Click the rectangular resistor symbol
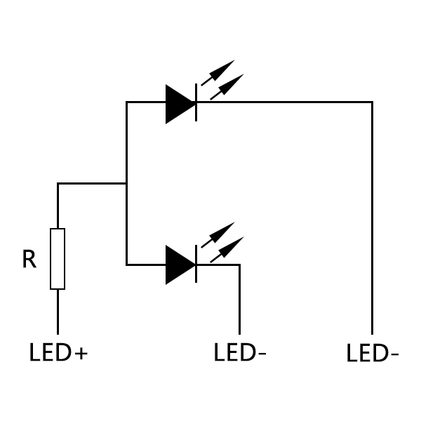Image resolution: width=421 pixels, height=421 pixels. [58, 259]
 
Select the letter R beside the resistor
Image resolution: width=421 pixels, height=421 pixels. [29, 260]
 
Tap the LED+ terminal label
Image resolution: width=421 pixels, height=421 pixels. [58, 352]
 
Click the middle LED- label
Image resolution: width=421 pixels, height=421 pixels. [239, 352]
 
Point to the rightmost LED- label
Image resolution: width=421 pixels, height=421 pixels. [373, 354]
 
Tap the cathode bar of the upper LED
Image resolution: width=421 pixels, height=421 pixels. [196, 103]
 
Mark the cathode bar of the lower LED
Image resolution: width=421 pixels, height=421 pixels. [196, 265]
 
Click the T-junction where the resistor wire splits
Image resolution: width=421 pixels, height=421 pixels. [127, 184]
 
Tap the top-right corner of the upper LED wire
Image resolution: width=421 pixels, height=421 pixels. [372, 102]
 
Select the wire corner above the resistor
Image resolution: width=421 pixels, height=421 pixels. [58, 184]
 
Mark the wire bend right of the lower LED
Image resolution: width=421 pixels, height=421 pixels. [239, 265]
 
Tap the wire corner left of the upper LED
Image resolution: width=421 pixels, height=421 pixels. [127, 102]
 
